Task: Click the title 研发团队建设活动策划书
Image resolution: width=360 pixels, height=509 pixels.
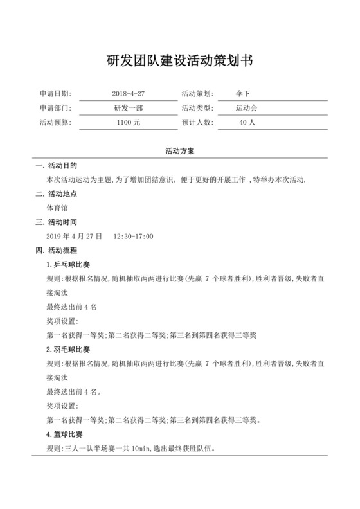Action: [x=179, y=61]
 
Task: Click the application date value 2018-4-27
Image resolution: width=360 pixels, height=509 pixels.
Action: [x=133, y=94]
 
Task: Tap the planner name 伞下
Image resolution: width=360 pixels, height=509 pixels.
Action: [x=244, y=94]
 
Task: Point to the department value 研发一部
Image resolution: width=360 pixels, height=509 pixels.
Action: [x=128, y=108]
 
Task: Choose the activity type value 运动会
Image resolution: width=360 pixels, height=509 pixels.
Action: [x=246, y=108]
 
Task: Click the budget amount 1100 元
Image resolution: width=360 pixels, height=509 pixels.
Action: [x=129, y=122]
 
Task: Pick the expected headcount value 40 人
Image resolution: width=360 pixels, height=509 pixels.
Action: [x=247, y=122]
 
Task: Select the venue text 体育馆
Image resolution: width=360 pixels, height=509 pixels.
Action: [x=57, y=208]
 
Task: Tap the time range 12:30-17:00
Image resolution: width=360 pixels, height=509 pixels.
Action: [x=133, y=237]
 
